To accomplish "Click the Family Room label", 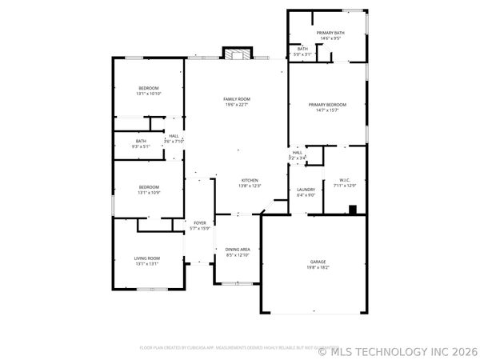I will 236,98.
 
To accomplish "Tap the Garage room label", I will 318,262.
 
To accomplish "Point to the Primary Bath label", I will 330,33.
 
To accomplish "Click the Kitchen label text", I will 249,181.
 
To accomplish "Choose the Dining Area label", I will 238,250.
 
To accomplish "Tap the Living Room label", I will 147,258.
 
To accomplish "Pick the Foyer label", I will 199,223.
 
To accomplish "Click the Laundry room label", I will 306,190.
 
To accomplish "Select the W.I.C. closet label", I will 346,179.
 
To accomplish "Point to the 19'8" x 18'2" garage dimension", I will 318,268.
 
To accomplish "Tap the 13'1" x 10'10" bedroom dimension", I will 149,94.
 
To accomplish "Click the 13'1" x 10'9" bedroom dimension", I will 149,193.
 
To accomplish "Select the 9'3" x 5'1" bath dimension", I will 141,146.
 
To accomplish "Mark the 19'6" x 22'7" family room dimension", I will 236,104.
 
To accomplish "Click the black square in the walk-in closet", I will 352,210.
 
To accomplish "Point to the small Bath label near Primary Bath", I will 302,49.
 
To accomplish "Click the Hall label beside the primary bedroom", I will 297,153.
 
